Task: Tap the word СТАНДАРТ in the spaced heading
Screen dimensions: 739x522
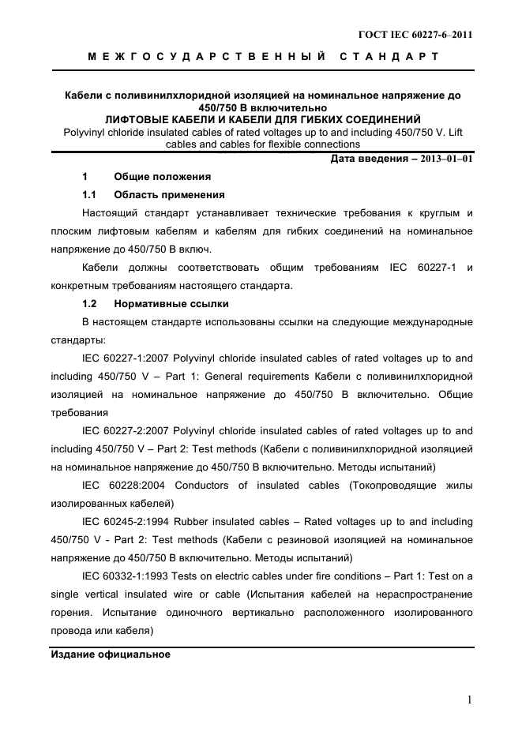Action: click(389, 57)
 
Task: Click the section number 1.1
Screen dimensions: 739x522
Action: click(89, 194)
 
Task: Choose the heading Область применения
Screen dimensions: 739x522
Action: click(169, 194)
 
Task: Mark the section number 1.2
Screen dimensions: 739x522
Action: click(89, 303)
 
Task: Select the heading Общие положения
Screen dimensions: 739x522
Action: click(162, 176)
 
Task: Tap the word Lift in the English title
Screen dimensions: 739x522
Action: click(464, 132)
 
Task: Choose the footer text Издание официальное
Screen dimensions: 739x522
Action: click(111, 655)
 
